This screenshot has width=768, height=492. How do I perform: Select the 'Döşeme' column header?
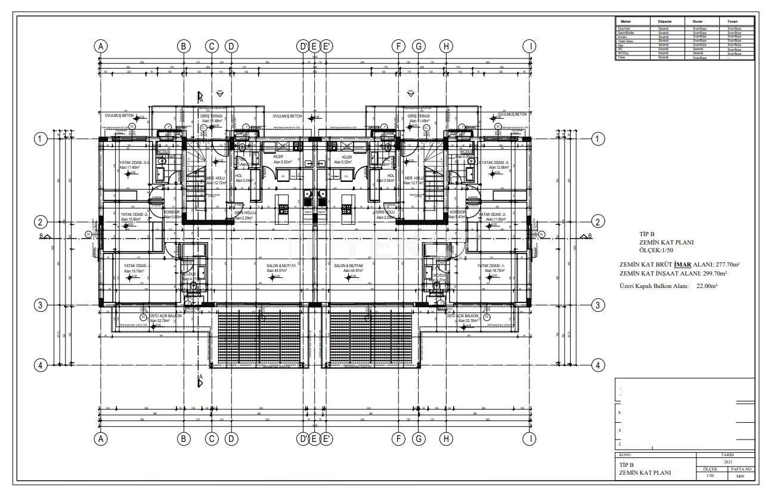pyautogui.click(x=660, y=20)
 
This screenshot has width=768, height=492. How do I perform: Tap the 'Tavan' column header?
pyautogui.click(x=733, y=20)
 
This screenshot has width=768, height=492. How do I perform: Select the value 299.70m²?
pyautogui.click(x=715, y=274)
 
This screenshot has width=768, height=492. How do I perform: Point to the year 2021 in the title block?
pyautogui.click(x=727, y=462)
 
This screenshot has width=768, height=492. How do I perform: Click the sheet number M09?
pyautogui.click(x=739, y=476)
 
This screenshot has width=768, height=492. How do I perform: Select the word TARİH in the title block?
pyautogui.click(x=727, y=454)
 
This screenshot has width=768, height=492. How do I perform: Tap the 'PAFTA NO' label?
pyautogui.click(x=739, y=469)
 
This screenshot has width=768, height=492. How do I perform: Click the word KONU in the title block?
pyautogui.click(x=625, y=454)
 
